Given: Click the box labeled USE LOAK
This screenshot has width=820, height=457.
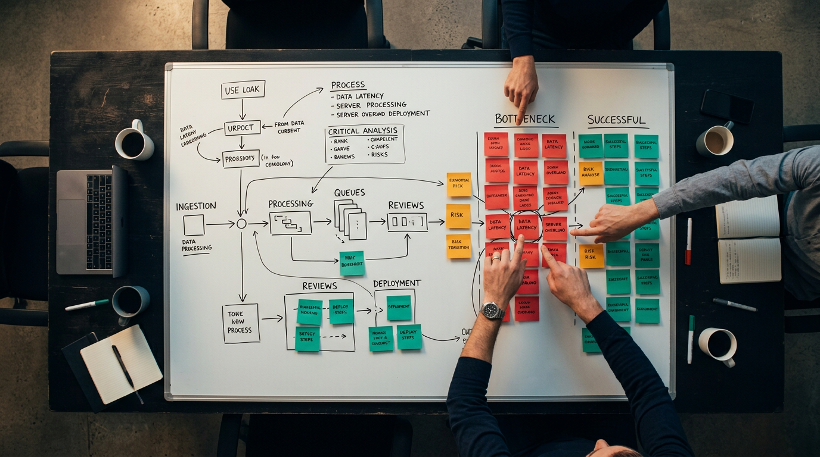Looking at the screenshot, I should point(243,90).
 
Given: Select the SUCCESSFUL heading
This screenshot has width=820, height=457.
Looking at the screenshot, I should point(616,120).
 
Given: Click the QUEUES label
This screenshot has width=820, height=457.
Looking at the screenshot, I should point(349,193).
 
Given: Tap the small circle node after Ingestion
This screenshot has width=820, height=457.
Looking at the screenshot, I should point(241,224).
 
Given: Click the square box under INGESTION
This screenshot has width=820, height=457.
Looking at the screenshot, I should point(194,225).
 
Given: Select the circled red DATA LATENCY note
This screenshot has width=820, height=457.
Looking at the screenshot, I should point(527,224).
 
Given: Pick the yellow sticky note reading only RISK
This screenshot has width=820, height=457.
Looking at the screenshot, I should point(458,215).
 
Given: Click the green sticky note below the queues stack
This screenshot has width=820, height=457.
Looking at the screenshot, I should point(352,263).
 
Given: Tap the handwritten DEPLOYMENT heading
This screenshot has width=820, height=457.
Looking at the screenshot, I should point(397,283).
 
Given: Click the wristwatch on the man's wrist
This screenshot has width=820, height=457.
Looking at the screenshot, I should point(492,310).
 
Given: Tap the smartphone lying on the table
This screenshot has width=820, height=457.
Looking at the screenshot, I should point(727,106).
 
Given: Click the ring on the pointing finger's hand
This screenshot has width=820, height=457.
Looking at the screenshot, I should point(496,258).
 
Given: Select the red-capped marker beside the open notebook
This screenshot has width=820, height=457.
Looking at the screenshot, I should point(689,241).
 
